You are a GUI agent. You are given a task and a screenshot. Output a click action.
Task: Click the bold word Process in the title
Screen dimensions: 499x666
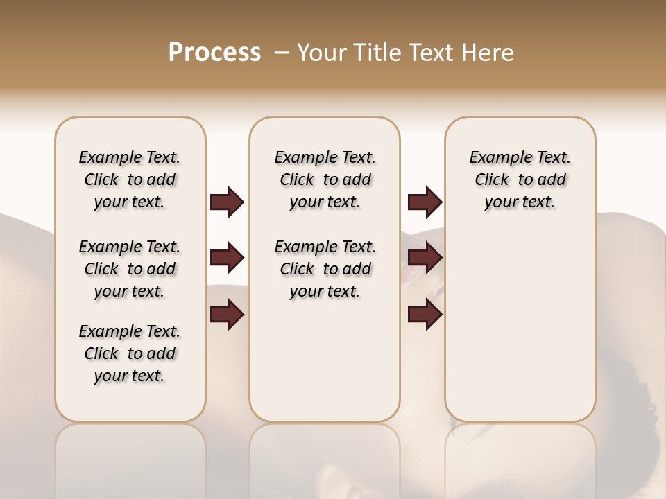[214, 53]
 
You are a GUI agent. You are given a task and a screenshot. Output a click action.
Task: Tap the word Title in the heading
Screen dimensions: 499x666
[379, 53]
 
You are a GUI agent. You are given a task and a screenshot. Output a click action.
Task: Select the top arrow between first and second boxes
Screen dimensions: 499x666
[227, 202]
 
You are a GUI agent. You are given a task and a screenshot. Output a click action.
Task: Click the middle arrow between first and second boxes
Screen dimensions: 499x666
[227, 259]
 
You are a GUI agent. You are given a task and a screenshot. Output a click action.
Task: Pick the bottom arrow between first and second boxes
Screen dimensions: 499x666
[227, 315]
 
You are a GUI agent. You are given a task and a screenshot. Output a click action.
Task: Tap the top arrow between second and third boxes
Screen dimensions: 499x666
[425, 202]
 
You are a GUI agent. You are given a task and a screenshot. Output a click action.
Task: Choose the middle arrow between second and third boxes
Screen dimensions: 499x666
[425, 259]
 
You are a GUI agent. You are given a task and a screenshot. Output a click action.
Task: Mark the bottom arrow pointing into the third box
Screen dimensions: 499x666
[425, 315]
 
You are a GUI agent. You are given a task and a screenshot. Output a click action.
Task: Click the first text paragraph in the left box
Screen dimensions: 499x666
[130, 180]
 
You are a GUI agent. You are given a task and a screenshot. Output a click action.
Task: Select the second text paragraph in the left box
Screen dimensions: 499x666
[130, 269]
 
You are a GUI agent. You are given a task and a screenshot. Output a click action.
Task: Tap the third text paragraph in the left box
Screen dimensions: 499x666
[130, 353]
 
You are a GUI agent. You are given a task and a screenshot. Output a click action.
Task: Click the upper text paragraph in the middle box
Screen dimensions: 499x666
[325, 180]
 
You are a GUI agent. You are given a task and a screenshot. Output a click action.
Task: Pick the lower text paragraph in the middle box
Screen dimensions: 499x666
[325, 269]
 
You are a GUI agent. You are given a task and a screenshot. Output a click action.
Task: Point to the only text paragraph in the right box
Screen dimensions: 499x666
[520, 180]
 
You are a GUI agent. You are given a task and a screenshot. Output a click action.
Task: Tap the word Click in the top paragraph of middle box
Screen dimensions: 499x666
[297, 180]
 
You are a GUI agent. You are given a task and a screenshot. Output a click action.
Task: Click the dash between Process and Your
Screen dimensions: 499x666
[282, 53]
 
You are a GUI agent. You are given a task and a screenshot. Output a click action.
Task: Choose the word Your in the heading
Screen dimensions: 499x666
[323, 53]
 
